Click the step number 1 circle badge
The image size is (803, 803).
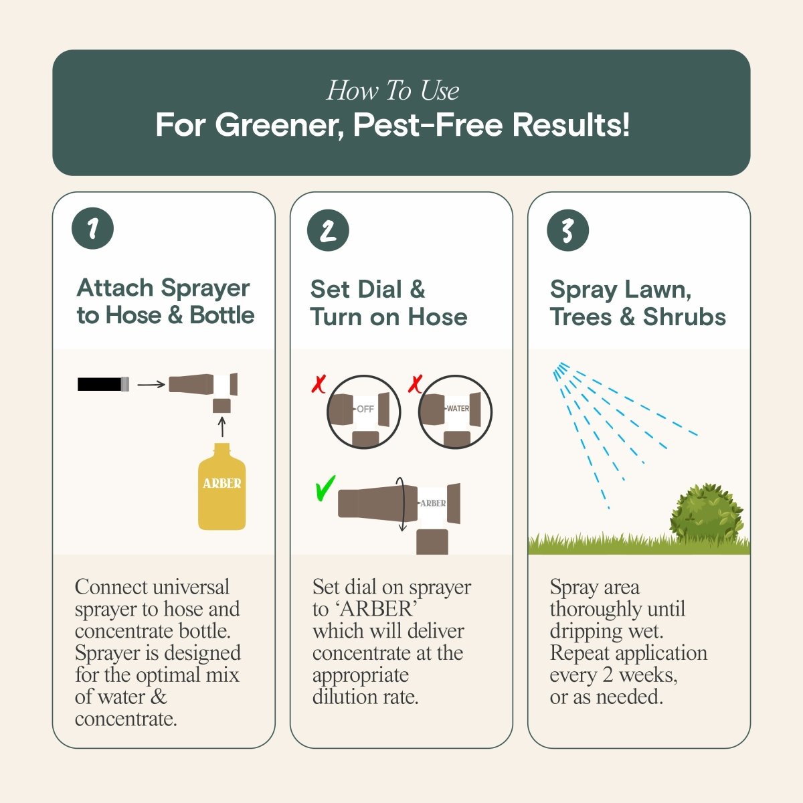coord(92,229)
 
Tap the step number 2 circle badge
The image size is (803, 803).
coord(328,230)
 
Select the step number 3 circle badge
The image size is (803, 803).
coord(567,230)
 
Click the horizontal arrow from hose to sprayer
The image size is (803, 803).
coord(151,384)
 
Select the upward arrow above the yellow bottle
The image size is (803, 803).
coord(222,427)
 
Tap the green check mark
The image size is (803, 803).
coord(325,488)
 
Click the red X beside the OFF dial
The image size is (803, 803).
coord(319,384)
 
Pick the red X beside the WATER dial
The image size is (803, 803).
coord(416,384)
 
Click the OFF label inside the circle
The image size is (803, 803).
coord(365,409)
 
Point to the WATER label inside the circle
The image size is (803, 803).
coord(458,408)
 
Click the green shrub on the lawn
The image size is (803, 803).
coord(707,514)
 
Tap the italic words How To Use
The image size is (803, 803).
coord(393,90)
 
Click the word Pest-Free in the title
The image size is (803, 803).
coord(428,125)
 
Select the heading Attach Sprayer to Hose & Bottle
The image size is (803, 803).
coord(165,301)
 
